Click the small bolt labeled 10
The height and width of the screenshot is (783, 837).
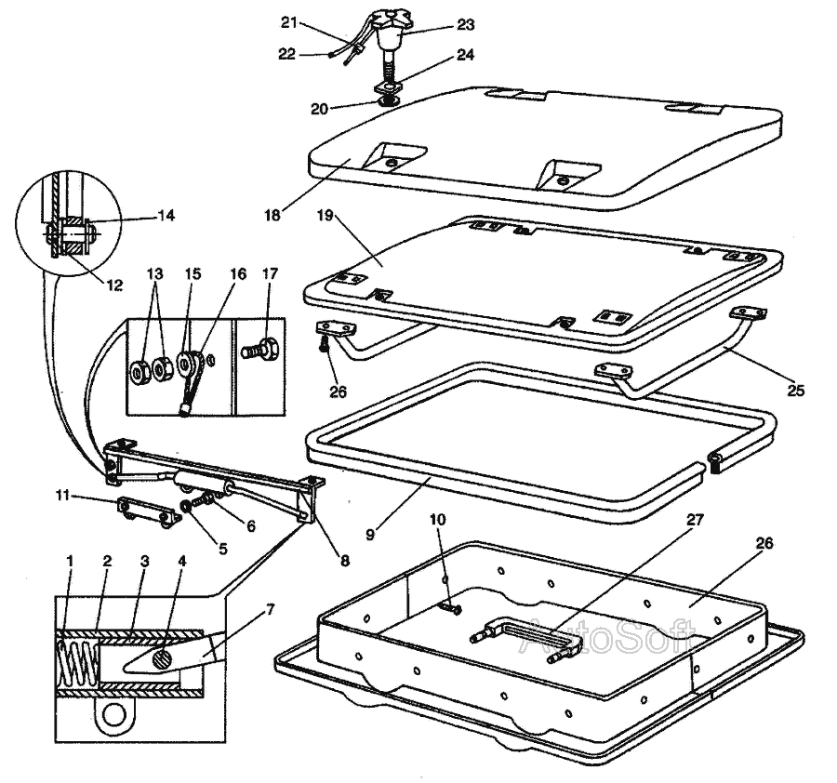[x=450, y=608]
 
